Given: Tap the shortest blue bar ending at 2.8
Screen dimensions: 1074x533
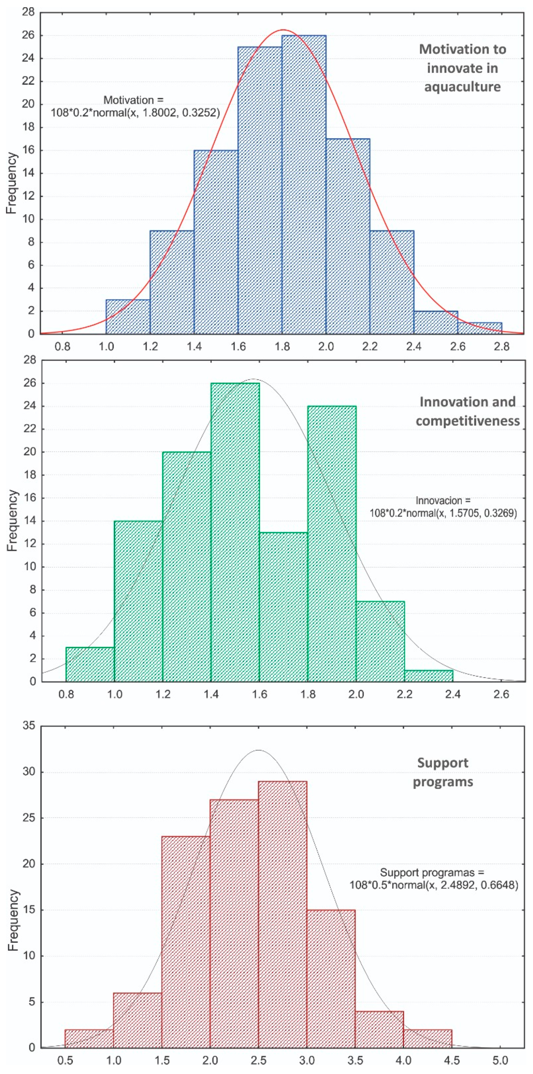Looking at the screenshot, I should tap(480, 328).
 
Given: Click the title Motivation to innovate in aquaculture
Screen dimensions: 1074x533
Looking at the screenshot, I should tap(463, 68).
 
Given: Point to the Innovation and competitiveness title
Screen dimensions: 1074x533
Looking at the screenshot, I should tap(468, 411).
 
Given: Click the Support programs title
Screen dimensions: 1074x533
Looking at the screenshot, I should tap(443, 772).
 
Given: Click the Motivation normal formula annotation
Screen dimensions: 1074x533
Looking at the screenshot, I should tap(135, 106).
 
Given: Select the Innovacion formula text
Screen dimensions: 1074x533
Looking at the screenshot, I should tap(443, 507).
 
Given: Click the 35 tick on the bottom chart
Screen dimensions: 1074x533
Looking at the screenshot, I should tap(29, 726).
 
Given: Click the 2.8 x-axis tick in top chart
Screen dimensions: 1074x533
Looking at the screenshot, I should tap(501, 347).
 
